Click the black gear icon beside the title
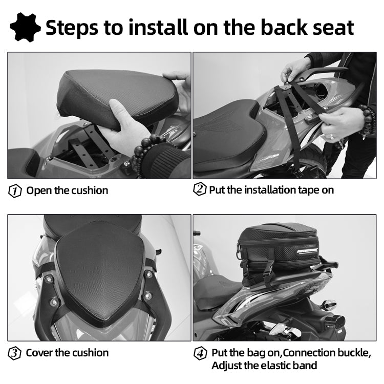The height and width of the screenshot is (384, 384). point(26,27)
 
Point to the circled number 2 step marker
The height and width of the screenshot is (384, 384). point(199,189)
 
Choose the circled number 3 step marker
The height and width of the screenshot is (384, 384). point(15,353)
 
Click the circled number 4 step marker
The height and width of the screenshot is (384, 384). point(200,353)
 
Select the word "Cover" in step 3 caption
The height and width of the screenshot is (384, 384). point(39,353)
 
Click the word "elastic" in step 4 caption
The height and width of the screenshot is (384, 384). point(272,366)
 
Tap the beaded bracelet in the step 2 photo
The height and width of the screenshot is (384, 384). point(366,120)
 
